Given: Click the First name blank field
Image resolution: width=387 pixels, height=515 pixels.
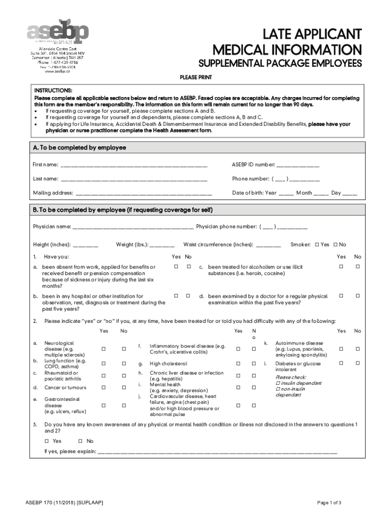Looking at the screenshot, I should (x=133, y=165).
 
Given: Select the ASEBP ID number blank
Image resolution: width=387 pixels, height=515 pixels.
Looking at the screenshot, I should (x=298, y=165).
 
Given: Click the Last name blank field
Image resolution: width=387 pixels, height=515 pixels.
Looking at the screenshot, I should (x=134, y=180).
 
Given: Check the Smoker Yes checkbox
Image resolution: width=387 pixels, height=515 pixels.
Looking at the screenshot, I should (x=317, y=245).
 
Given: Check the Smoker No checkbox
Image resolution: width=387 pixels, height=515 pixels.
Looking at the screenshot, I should (x=336, y=245).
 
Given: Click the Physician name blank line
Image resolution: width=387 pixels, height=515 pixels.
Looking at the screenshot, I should (x=133, y=227).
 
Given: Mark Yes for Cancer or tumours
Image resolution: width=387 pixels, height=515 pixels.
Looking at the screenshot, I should (x=104, y=388).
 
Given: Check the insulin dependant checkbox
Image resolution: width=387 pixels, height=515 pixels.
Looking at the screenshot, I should (x=278, y=383).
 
